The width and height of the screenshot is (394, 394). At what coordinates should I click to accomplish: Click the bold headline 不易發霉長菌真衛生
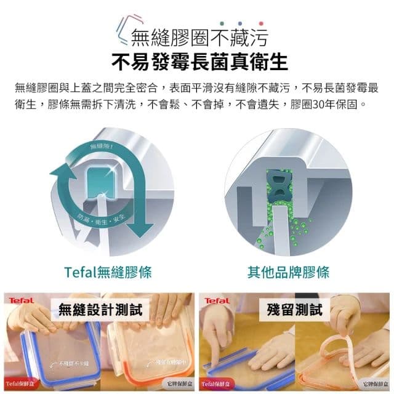pos(199,62)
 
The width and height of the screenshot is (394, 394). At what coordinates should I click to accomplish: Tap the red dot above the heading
pos(261,23)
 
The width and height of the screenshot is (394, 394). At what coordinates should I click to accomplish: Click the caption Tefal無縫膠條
pos(108,271)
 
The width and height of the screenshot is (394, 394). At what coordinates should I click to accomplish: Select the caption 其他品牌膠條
pos(288,271)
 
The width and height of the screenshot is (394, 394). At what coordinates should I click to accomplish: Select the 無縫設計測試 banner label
pos(100,309)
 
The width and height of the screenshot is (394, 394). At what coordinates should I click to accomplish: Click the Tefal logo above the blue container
pos(21,300)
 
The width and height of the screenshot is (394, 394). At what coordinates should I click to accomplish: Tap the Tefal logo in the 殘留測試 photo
pos(217,301)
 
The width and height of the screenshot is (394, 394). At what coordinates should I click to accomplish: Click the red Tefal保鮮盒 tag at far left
pos(19,384)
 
